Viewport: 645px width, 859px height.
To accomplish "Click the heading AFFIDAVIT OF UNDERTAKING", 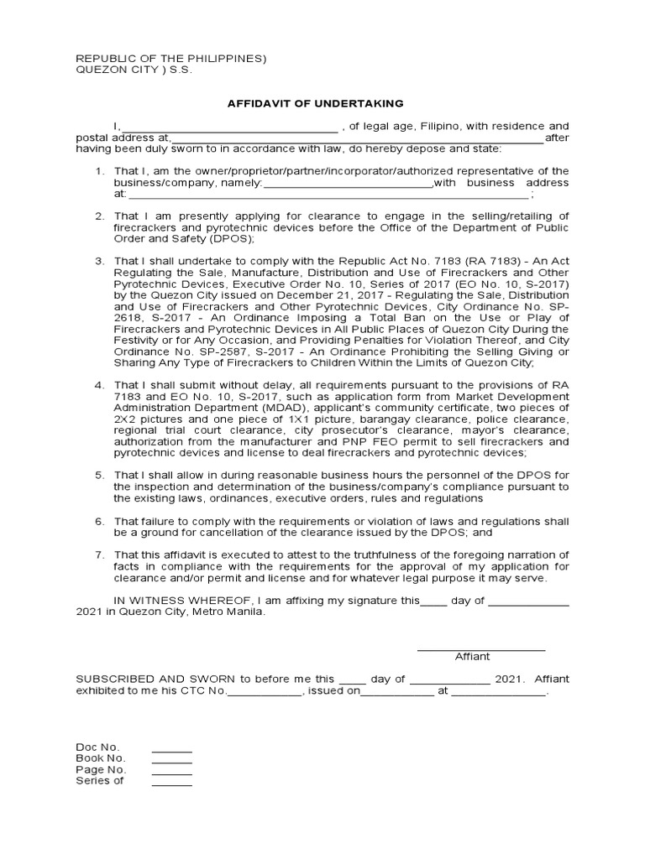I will (315, 103).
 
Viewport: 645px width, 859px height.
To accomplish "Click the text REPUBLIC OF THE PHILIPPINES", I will (170, 58).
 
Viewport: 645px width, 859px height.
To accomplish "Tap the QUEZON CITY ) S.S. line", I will (134, 70).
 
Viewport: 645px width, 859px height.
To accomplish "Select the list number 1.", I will (98, 171).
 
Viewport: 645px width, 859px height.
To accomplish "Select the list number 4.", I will (98, 383).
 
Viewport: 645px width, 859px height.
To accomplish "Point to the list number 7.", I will (98, 555).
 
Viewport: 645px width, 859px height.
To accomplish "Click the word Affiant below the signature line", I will (472, 657).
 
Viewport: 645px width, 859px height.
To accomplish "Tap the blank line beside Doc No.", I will (171, 749).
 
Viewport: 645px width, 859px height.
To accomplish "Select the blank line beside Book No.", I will (171, 761).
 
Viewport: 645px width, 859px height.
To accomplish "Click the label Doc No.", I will (97, 747).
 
